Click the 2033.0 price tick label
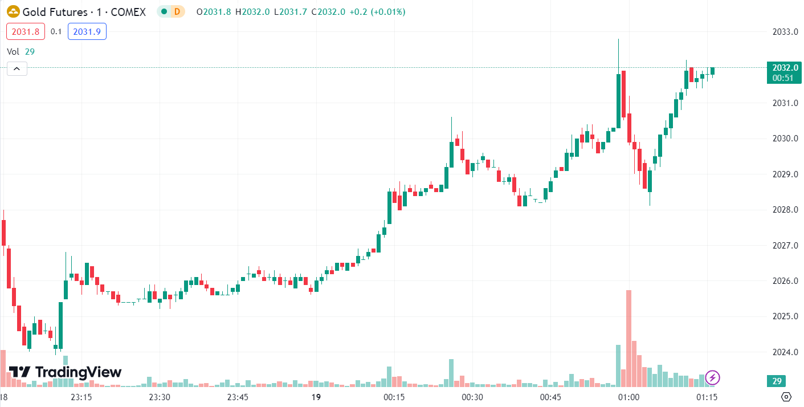(x=784, y=31)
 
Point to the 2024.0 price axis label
(x=784, y=352)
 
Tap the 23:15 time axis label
(x=81, y=397)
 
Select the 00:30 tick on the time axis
(x=472, y=397)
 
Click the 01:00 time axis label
(x=628, y=397)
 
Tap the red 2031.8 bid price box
(x=26, y=31)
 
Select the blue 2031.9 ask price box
(x=87, y=31)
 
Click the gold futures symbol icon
(x=13, y=11)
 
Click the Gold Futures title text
(x=55, y=11)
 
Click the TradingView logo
(x=65, y=372)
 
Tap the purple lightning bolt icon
(x=712, y=377)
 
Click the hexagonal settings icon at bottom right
(x=786, y=397)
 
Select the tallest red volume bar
(x=628, y=339)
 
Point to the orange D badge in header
(x=178, y=11)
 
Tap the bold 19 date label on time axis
(x=316, y=397)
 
